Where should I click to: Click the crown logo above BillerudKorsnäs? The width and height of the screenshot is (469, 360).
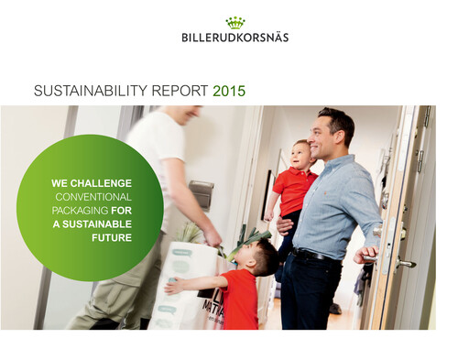click(x=234, y=22)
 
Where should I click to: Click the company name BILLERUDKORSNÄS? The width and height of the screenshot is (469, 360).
click(x=234, y=38)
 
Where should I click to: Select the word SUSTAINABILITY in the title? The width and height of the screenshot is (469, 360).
click(x=88, y=92)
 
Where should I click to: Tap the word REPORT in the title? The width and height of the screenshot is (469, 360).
click(x=178, y=92)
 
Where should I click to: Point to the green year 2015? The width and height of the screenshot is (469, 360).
click(x=229, y=92)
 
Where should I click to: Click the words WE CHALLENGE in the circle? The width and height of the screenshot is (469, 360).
click(x=92, y=183)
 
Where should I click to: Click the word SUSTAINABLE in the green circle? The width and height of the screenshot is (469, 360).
click(x=100, y=224)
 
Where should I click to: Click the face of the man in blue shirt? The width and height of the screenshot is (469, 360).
click(x=327, y=136)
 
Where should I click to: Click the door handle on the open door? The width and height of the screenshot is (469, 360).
click(x=404, y=263)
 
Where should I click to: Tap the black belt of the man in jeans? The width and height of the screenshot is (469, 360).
click(x=316, y=256)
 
